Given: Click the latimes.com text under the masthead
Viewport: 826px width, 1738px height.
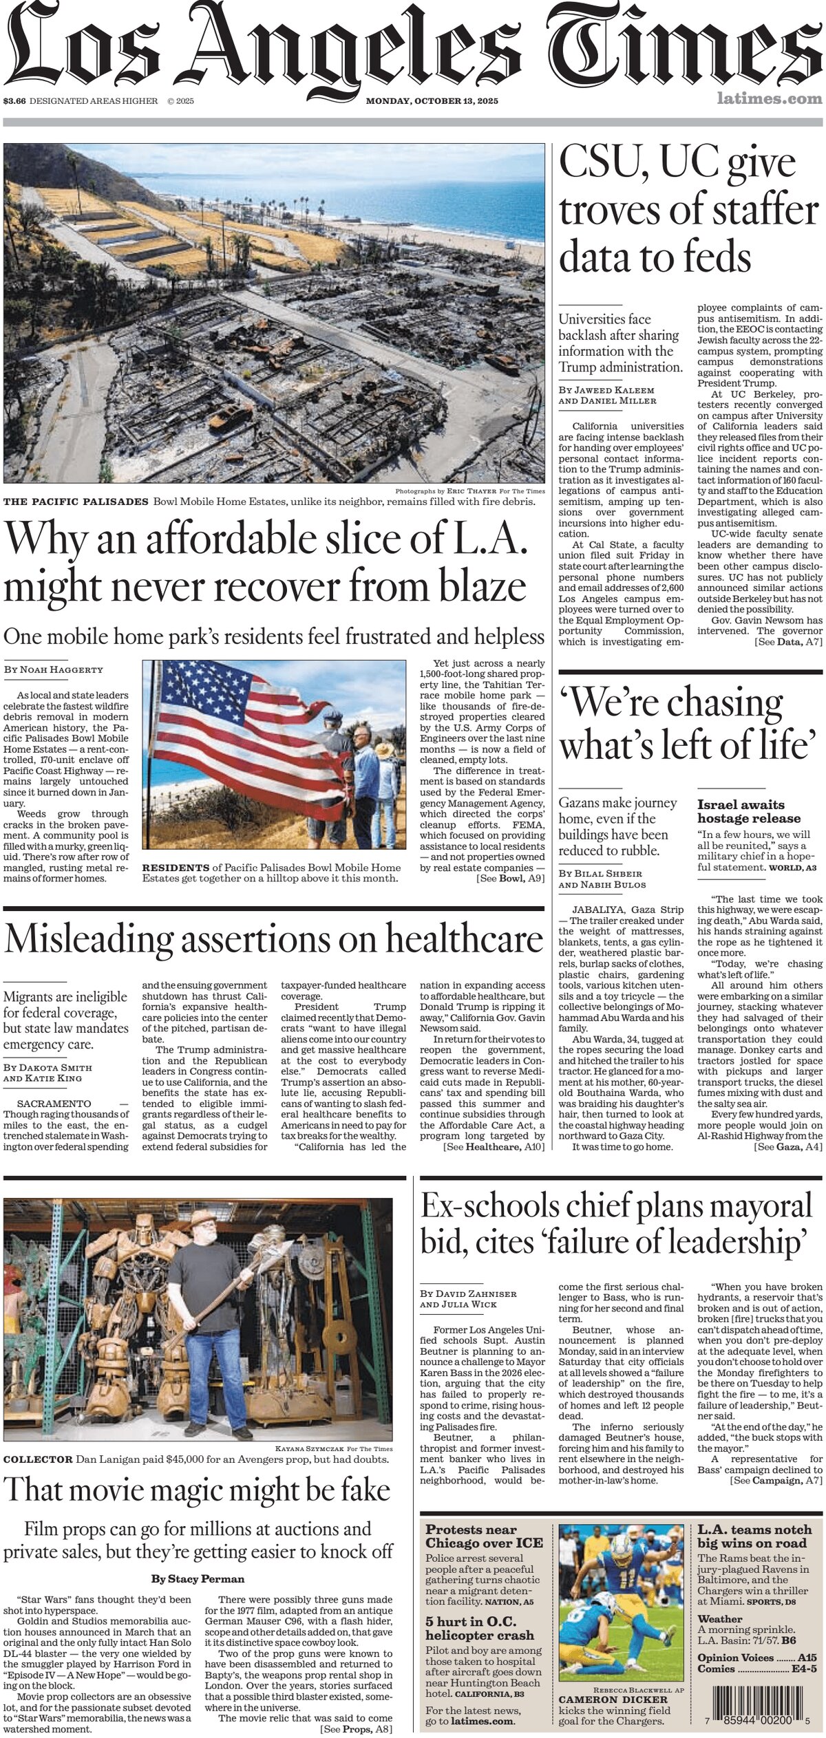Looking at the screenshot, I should point(769,99).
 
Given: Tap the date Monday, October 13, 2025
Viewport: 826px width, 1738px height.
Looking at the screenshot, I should point(432,101).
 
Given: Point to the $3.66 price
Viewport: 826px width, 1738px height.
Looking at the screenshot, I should point(14,101).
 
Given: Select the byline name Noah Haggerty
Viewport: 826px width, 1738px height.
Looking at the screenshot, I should point(62,669).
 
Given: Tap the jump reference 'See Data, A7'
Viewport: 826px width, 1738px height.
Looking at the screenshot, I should point(788,642).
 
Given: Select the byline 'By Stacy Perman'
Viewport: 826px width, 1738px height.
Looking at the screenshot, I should point(198,1579).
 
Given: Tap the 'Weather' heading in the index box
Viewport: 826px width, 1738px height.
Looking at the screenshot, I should point(720,1619).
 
